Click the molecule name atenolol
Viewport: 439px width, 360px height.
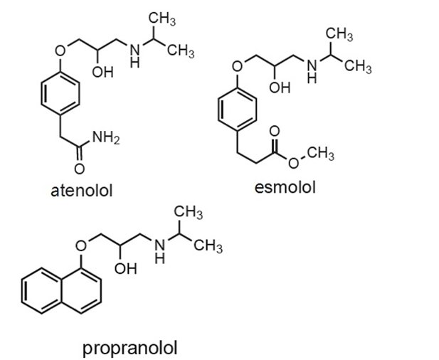tap(82, 191)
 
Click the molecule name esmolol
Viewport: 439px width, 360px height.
tap(285, 187)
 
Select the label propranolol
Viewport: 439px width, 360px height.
tap(130, 349)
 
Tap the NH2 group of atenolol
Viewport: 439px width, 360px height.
tap(106, 138)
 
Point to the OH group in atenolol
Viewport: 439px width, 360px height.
tap(102, 73)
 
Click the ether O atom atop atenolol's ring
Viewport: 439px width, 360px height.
tap(60, 51)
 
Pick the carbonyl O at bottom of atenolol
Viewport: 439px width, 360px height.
tap(80, 169)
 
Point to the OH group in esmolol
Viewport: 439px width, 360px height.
tap(280, 88)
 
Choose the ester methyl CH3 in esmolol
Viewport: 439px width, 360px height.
tap(321, 154)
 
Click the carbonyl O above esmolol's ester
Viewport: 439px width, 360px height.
tap(275, 131)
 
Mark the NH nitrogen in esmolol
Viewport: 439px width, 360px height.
tap(312, 65)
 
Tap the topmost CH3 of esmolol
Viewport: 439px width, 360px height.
tap(339, 35)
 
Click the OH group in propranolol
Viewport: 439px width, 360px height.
tap(125, 268)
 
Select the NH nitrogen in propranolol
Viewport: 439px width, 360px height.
tap(160, 245)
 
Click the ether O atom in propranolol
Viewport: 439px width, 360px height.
tap(81, 245)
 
